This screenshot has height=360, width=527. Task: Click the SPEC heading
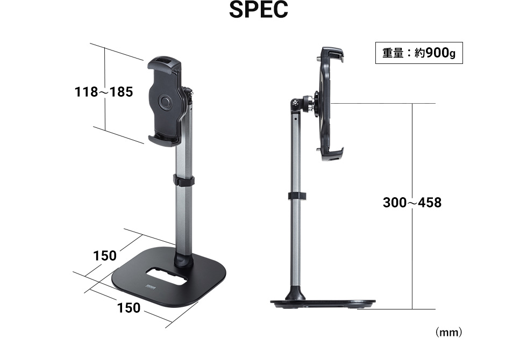[x=258, y=11]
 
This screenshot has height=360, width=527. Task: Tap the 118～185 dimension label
[x=103, y=92]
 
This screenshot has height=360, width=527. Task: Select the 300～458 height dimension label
[x=412, y=203]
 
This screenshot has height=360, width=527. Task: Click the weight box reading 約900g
[x=419, y=54]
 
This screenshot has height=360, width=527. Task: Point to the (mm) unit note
[x=448, y=333]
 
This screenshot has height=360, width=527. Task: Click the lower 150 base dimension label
[x=129, y=308]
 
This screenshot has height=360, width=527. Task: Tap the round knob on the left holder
[x=165, y=102]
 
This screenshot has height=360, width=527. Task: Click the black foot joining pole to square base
[x=184, y=261]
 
